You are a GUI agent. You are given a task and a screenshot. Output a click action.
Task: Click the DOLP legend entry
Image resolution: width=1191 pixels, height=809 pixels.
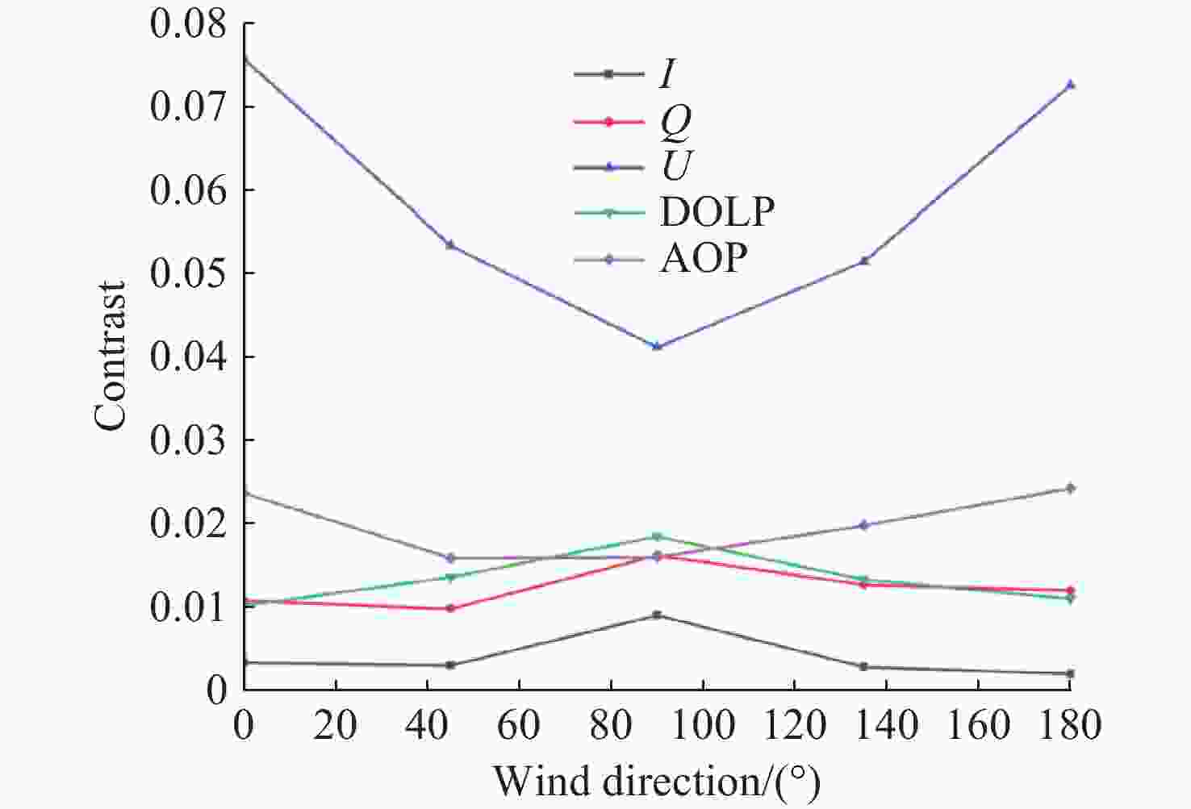click(675, 212)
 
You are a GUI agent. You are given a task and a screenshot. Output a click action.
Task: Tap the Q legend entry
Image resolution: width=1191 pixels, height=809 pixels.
click(633, 123)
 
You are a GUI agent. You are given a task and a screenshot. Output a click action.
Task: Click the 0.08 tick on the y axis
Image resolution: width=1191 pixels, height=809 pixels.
click(188, 24)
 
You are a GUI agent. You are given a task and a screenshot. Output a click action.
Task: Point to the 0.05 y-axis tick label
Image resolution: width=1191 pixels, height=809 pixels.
click(188, 273)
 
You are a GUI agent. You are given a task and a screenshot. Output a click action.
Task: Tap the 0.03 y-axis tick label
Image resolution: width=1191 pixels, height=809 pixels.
click(188, 440)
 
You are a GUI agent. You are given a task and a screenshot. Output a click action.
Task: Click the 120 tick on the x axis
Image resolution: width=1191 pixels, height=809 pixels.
click(795, 725)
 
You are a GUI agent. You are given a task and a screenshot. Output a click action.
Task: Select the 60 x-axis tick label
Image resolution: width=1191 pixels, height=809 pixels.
click(519, 725)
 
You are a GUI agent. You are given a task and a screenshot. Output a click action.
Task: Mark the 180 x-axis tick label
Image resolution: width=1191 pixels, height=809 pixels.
click(1069, 725)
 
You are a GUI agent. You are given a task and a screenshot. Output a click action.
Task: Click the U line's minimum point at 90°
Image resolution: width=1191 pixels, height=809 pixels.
click(657, 347)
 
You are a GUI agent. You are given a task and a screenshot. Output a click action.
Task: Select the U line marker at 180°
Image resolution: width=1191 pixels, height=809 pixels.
click(1070, 85)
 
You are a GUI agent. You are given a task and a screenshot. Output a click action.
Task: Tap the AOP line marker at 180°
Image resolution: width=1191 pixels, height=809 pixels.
click(1070, 489)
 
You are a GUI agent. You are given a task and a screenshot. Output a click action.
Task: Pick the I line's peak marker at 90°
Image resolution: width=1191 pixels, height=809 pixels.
click(657, 615)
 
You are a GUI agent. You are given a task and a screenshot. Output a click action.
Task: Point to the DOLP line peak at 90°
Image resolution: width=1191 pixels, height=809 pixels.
click(657, 536)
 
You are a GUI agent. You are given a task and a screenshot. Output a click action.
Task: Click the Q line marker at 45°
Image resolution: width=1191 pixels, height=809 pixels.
click(450, 608)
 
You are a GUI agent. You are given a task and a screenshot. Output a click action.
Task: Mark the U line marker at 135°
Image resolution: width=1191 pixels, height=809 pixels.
click(864, 261)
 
